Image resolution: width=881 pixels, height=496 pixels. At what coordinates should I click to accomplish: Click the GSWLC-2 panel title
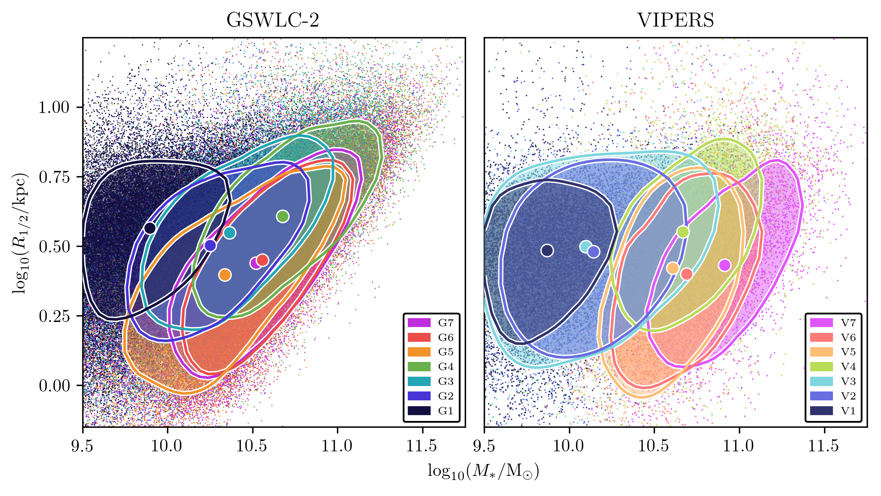coord(272,20)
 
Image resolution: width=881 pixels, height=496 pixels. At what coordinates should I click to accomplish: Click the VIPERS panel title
coord(675,20)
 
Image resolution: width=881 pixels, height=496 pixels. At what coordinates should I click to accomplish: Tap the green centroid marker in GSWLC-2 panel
coord(283,216)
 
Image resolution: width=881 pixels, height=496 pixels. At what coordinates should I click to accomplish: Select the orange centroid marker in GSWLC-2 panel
coord(225,275)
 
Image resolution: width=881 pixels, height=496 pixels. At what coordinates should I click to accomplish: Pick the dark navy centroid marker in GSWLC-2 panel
coord(150,228)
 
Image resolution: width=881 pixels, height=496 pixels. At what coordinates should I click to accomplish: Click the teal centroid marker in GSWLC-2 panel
coord(229,233)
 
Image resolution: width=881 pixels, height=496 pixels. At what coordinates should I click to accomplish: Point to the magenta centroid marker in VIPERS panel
coord(725,265)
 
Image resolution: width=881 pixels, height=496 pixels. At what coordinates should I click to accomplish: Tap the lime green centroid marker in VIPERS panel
coord(683,232)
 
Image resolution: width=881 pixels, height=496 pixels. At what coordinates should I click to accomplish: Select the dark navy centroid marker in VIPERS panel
coord(547,250)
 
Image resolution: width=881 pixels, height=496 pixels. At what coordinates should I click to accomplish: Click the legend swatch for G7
coord(419,323)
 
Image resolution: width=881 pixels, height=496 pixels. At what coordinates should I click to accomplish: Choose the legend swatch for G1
coord(419,410)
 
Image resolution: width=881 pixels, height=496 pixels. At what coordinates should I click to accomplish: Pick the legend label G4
coord(446,367)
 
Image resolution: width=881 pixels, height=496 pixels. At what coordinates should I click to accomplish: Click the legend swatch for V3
coord(821,381)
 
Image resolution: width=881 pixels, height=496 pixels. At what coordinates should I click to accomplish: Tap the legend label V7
coord(848,323)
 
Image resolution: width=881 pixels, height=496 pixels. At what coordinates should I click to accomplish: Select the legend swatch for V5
coord(821,352)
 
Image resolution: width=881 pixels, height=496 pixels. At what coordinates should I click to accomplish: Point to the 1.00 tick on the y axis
coord(54,107)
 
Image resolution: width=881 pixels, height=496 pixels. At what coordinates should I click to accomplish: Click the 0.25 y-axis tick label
coord(54,316)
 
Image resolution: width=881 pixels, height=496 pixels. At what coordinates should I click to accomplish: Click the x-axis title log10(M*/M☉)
coord(483,471)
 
